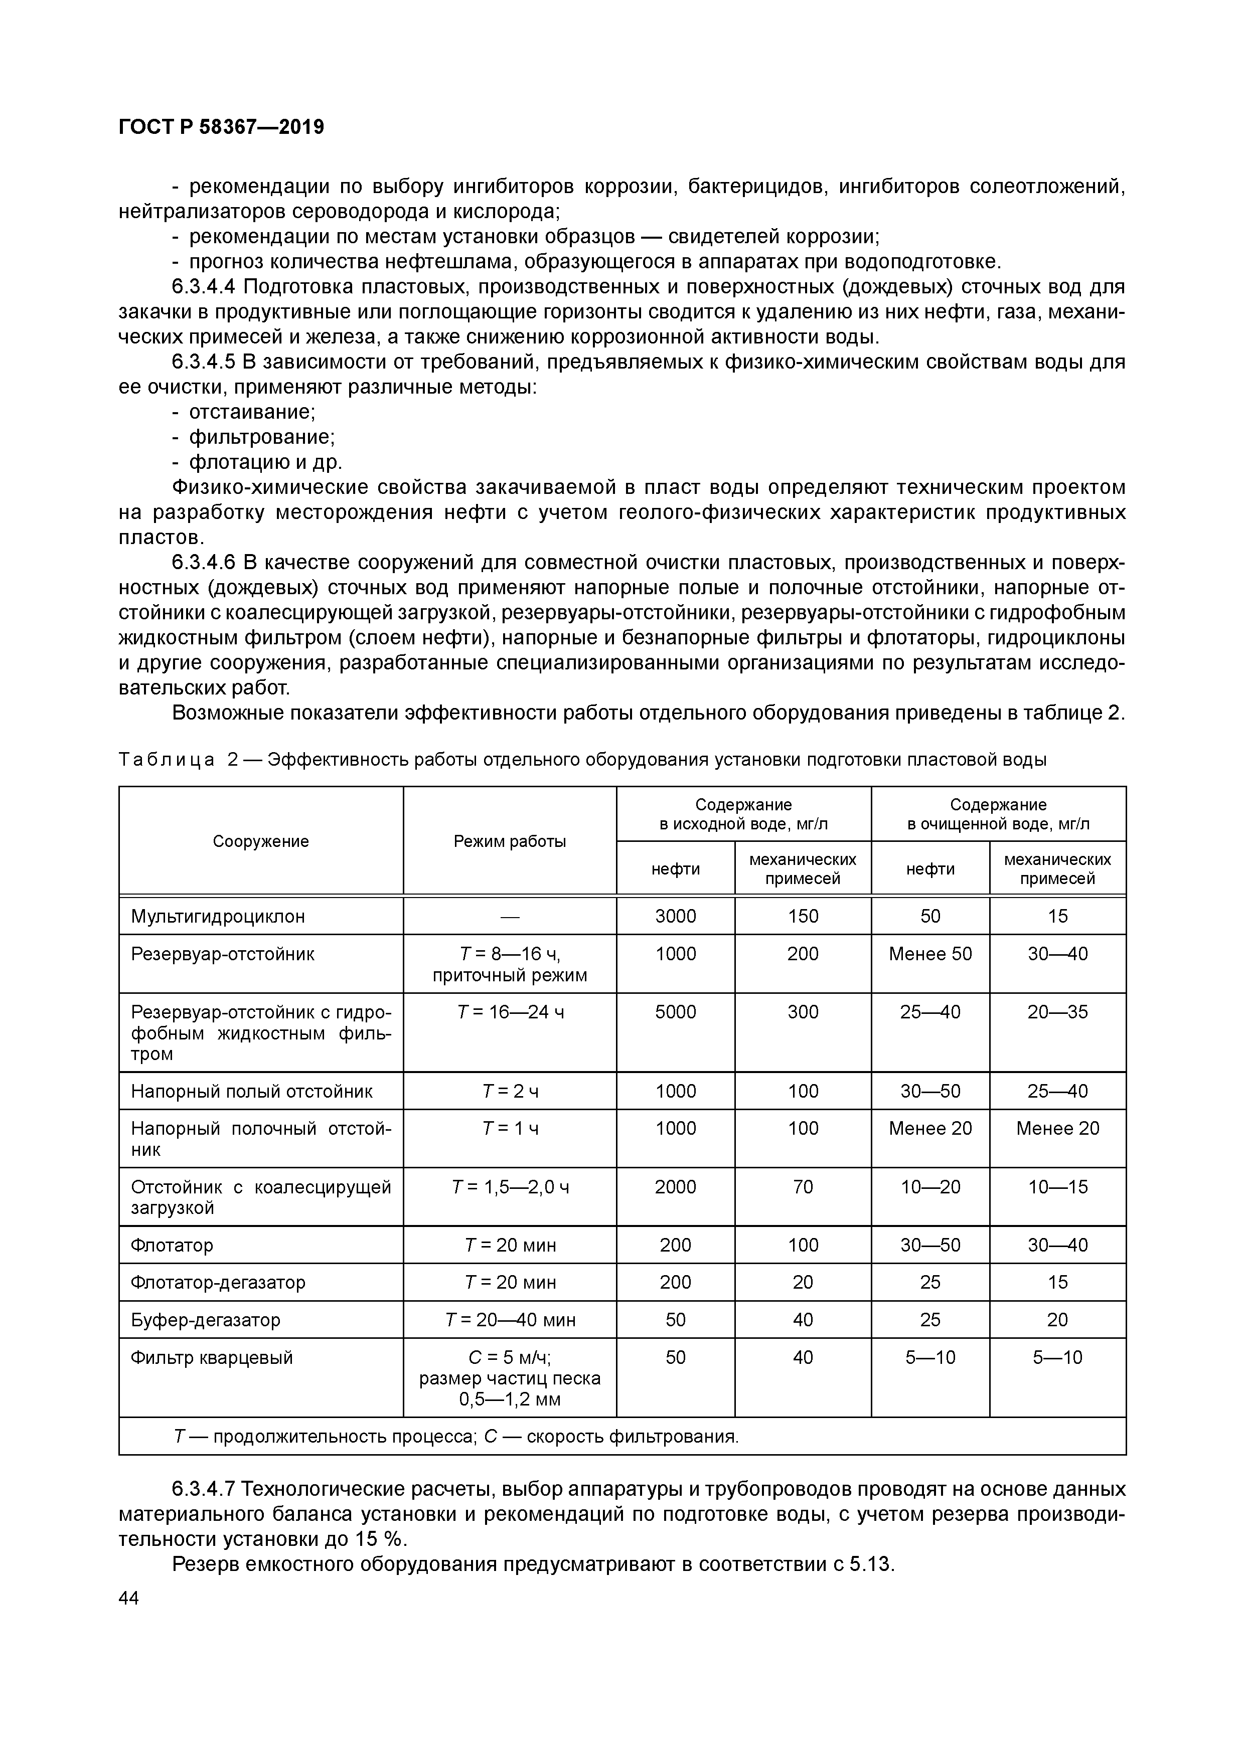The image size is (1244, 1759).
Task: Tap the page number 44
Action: tap(129, 1598)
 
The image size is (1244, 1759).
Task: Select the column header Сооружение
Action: tap(261, 841)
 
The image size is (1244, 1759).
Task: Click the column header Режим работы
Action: tap(510, 841)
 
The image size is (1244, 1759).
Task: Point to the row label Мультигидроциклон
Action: tap(218, 916)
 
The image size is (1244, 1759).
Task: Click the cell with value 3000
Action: tap(675, 916)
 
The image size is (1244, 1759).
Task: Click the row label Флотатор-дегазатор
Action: tap(218, 1283)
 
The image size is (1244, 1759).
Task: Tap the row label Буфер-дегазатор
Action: tap(206, 1320)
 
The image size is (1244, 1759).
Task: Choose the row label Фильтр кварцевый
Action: tap(212, 1357)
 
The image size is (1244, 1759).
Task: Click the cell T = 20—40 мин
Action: tap(510, 1320)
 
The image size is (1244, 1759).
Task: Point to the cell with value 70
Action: tap(803, 1187)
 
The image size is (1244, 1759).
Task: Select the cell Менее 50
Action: tap(930, 954)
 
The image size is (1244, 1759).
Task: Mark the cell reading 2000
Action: tap(675, 1187)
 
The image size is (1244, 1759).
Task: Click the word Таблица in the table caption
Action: tap(167, 760)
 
